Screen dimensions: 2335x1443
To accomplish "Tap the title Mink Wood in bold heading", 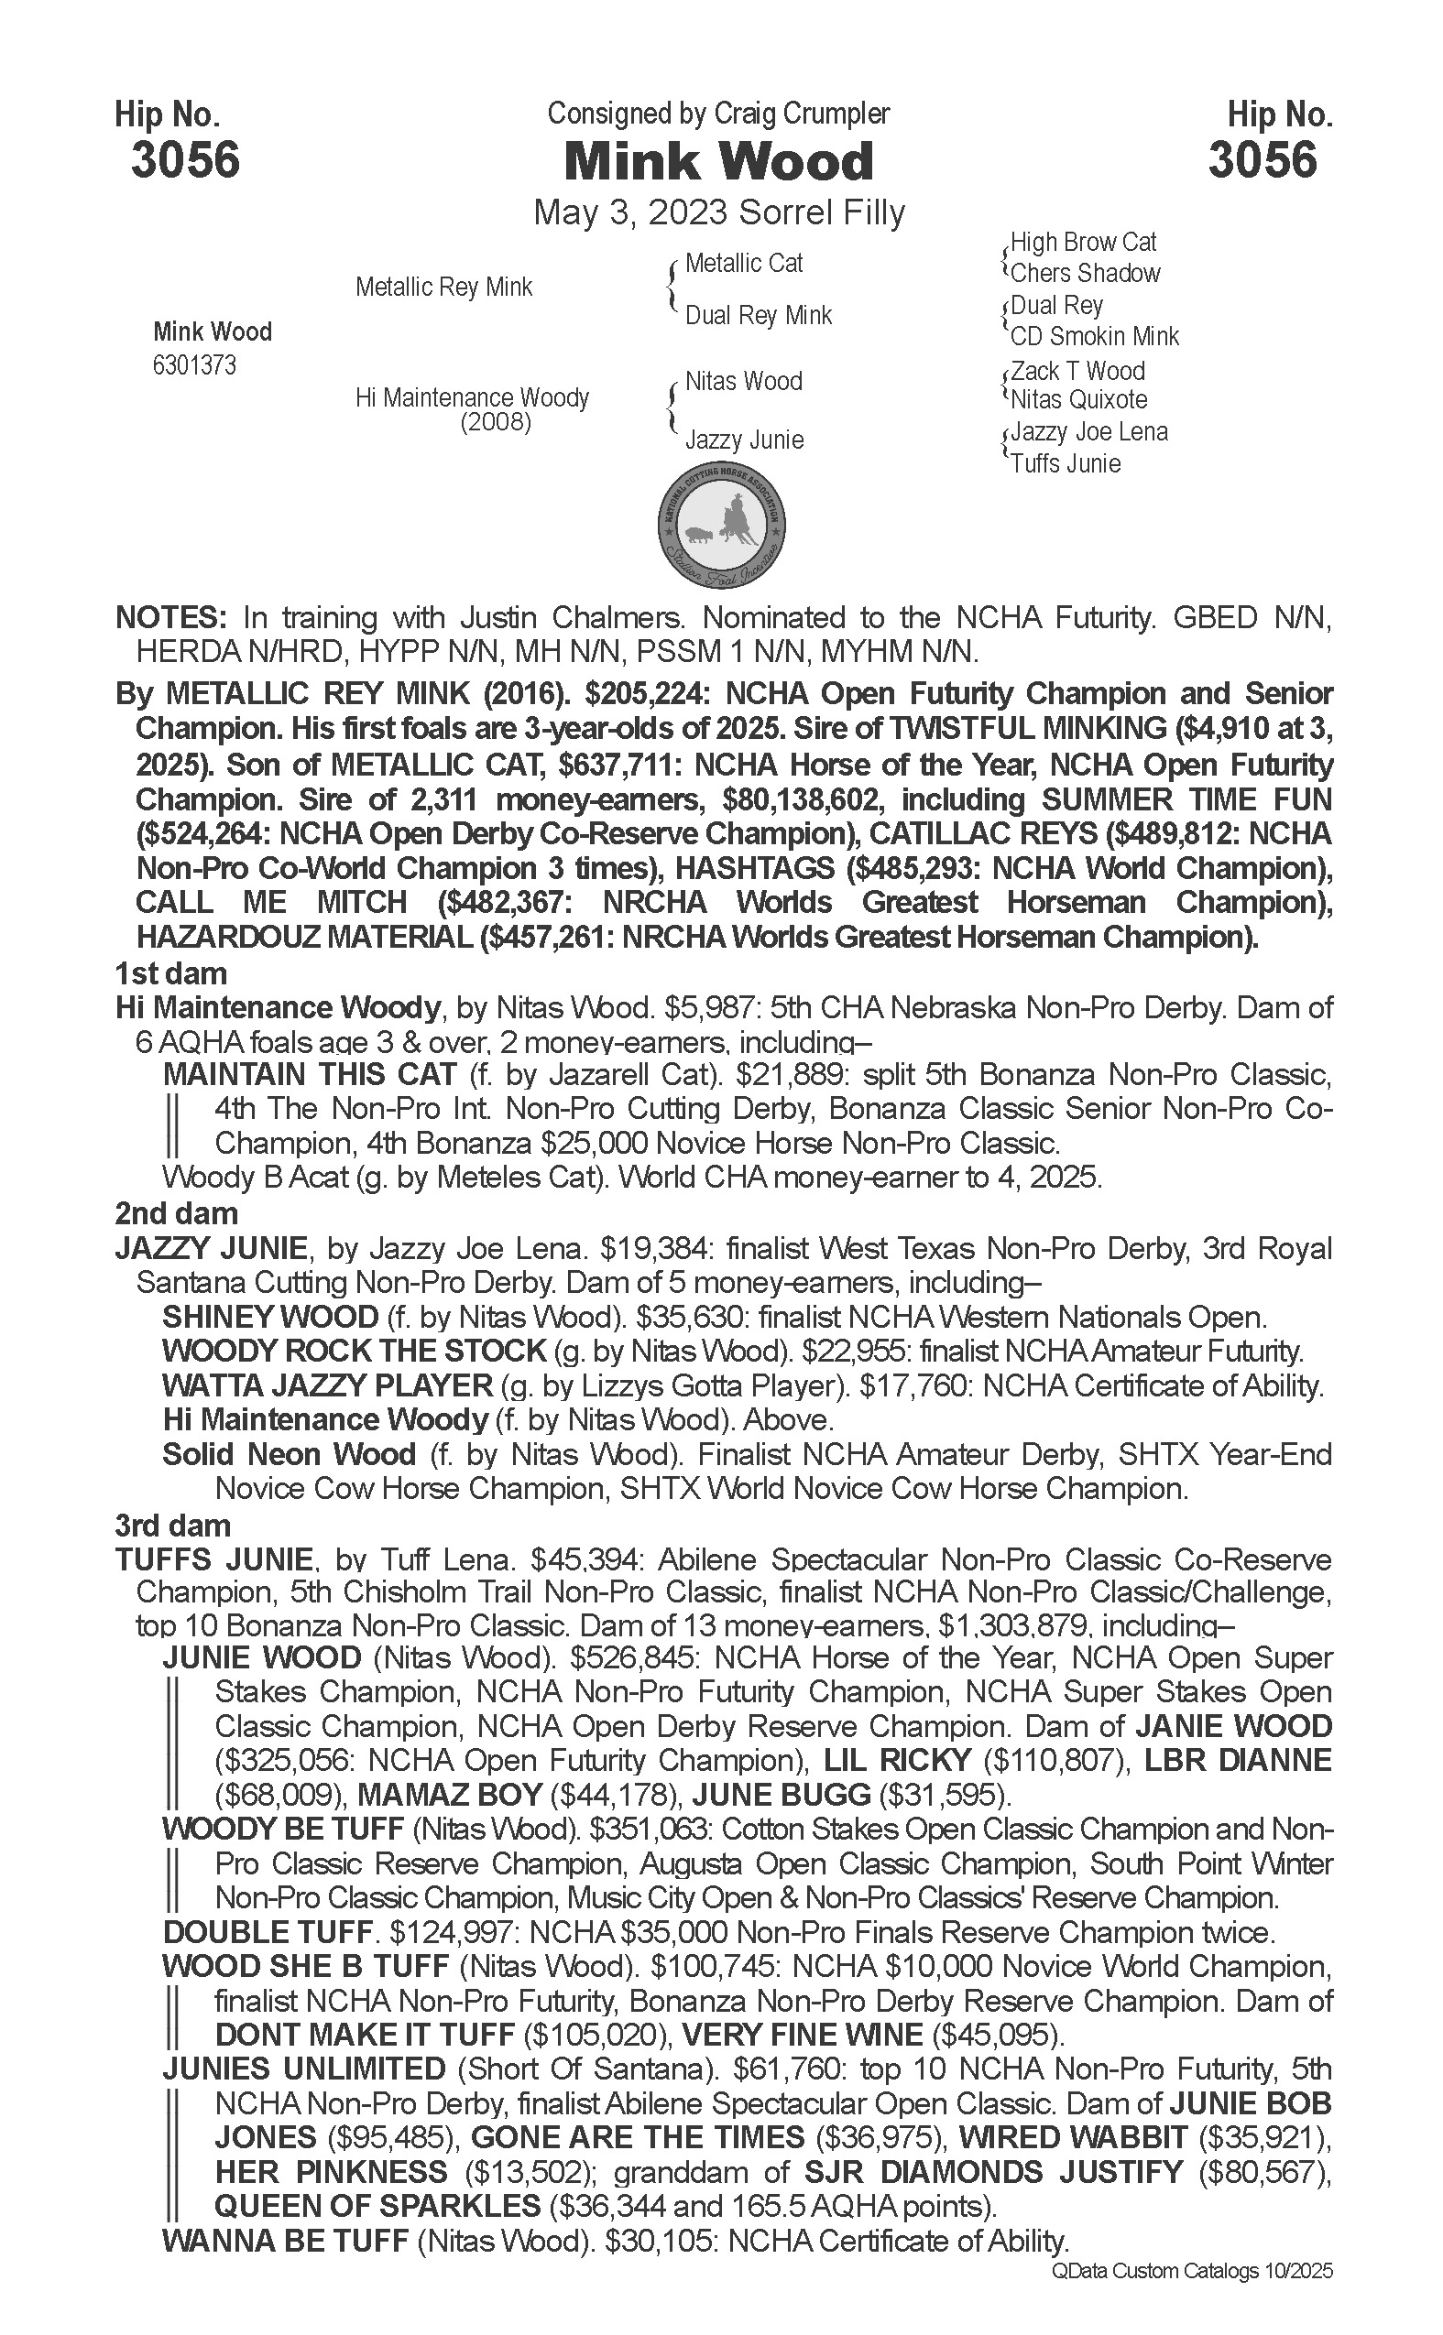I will [718, 161].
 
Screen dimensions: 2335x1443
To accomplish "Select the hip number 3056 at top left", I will [185, 159].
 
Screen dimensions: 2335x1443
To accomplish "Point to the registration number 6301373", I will [194, 365].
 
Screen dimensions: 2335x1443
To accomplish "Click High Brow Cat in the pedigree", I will [1083, 243].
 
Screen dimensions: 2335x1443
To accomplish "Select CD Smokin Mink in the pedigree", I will [1095, 337].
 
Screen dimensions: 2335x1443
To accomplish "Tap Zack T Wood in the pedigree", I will [1077, 371].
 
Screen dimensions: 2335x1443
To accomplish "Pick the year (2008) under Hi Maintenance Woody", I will [496, 421].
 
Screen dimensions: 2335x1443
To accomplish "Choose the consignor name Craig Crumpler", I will [802, 114].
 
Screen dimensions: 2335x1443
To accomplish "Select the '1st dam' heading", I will [170, 974].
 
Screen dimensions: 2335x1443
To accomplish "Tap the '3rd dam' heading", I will [173, 1526].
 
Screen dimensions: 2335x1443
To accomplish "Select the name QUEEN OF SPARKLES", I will [377, 2206].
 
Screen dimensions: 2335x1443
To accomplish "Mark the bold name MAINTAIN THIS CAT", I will [310, 1074].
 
